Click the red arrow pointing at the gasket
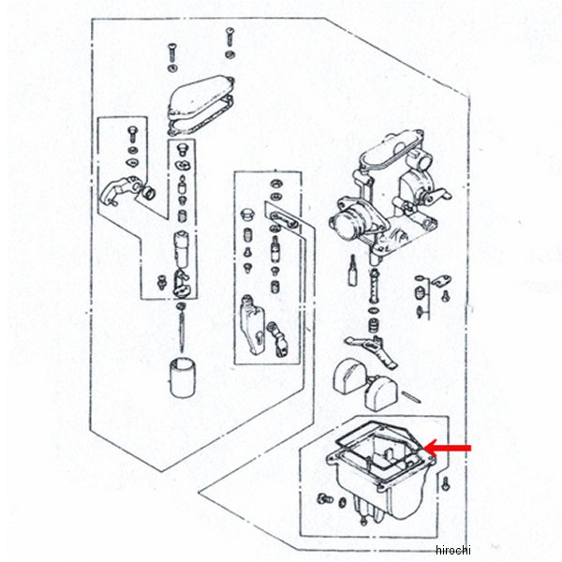click(x=448, y=448)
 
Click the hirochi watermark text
click(x=452, y=550)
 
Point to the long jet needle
click(x=182, y=328)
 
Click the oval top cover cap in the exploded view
click(x=200, y=96)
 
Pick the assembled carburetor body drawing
click(x=389, y=196)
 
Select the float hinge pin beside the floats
click(x=411, y=397)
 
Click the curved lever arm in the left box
click(x=118, y=189)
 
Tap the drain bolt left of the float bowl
click(x=325, y=498)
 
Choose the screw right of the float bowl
click(x=446, y=483)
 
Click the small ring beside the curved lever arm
click(x=149, y=193)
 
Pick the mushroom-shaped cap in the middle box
click(x=247, y=214)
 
